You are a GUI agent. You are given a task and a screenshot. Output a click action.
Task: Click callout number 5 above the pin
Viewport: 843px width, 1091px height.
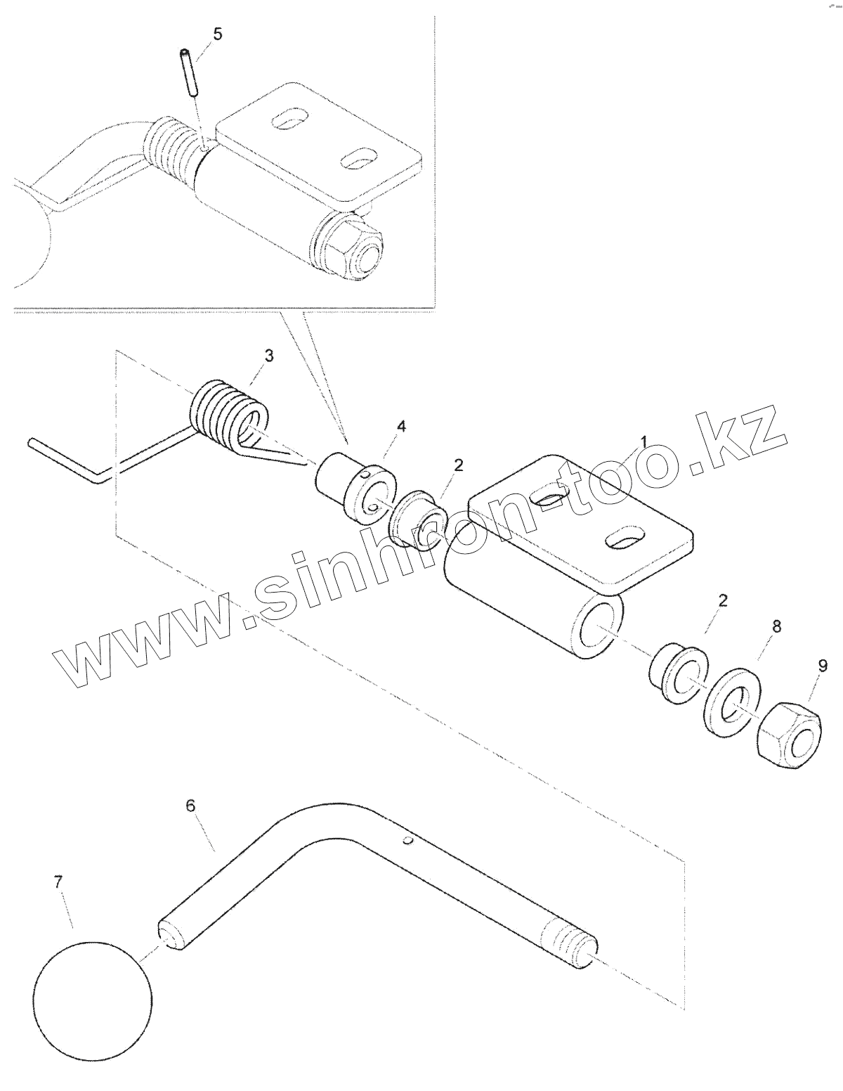(x=217, y=34)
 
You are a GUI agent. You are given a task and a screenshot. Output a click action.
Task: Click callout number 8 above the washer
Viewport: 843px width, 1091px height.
(x=776, y=626)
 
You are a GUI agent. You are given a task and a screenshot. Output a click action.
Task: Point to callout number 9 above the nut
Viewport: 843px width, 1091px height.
(x=823, y=664)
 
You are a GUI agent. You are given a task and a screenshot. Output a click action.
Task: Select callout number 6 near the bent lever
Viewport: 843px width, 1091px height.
(x=190, y=806)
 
